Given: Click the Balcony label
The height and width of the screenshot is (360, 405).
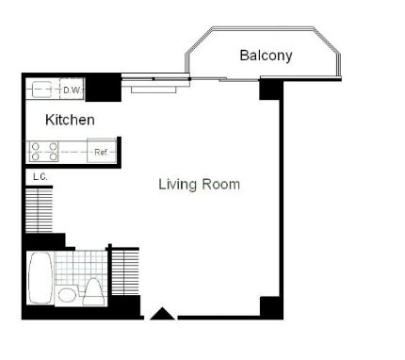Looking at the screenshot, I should click(x=266, y=56).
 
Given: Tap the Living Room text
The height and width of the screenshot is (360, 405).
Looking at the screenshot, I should click(x=199, y=185).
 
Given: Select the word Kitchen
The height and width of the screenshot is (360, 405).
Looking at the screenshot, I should click(x=71, y=120).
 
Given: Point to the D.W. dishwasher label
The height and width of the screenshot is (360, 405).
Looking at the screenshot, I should click(x=73, y=90).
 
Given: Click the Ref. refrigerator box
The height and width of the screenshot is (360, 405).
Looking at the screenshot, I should click(x=100, y=152).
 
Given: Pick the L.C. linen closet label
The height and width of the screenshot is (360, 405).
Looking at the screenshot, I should click(x=40, y=176).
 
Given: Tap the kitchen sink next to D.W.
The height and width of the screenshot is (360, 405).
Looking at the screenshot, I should click(x=43, y=90).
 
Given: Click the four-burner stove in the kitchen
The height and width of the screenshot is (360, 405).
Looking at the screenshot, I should click(x=44, y=151).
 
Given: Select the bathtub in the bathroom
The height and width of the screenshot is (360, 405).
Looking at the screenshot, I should click(x=40, y=279).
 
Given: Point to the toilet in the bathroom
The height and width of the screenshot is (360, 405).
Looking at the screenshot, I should click(x=93, y=291).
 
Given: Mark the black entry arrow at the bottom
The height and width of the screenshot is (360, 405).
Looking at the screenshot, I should click(x=162, y=314).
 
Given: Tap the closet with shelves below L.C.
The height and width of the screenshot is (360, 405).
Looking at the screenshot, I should click(x=40, y=209).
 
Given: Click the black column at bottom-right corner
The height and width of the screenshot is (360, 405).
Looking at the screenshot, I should click(x=270, y=307).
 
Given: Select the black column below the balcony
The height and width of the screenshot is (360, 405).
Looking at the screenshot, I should click(x=270, y=89).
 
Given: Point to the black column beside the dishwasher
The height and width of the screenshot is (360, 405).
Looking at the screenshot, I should click(x=103, y=88).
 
